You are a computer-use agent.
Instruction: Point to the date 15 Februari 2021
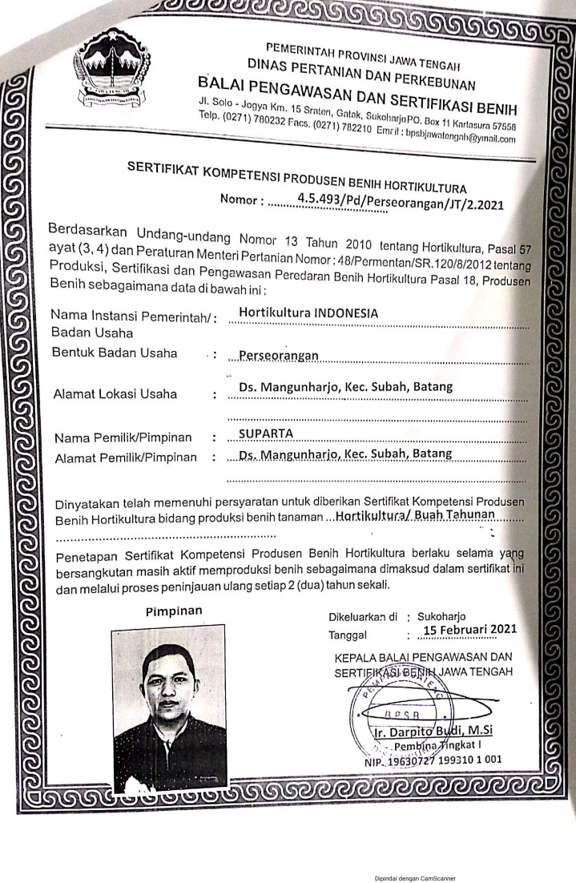470,630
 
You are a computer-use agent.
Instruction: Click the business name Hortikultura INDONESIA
308,313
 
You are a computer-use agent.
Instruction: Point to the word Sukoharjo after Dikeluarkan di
447,617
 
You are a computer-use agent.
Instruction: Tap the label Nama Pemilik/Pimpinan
123,437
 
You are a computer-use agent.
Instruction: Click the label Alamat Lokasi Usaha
115,394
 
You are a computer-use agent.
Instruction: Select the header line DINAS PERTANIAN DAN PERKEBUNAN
361,74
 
